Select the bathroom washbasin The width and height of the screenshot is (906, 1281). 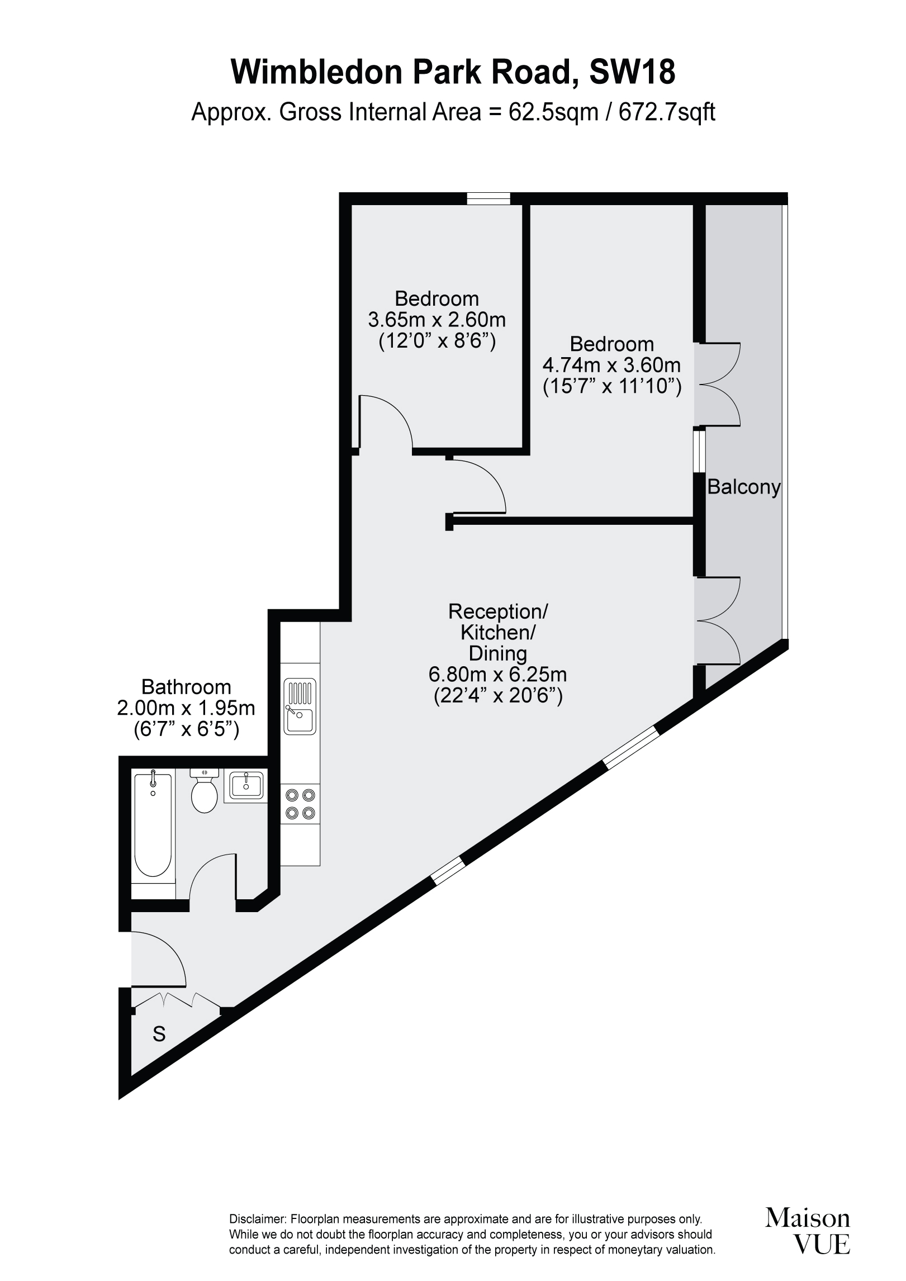(x=245, y=785)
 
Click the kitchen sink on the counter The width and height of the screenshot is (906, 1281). (x=301, y=706)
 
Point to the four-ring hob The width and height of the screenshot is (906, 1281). (x=301, y=804)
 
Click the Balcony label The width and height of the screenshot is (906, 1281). (x=743, y=487)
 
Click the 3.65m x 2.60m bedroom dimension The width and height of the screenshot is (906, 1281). (x=437, y=320)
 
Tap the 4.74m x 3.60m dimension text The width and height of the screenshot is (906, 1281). (x=612, y=365)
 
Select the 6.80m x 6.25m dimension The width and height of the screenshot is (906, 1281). (x=497, y=675)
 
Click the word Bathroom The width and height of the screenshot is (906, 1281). (x=186, y=686)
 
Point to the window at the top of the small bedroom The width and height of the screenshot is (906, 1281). (x=488, y=198)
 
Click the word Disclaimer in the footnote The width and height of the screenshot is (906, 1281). (x=258, y=1218)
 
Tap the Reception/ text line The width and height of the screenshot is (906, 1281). (x=498, y=611)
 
